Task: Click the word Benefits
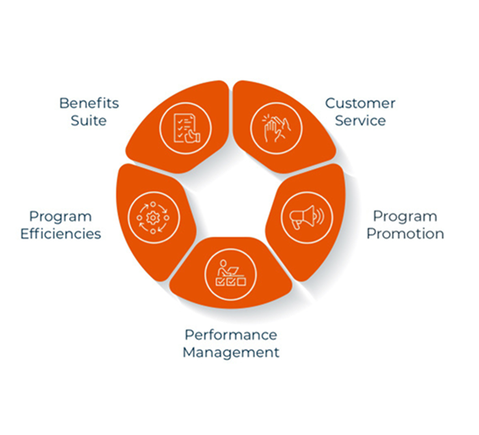pyautogui.click(x=88, y=103)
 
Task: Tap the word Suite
pyautogui.click(x=88, y=121)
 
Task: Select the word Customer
pyautogui.click(x=360, y=103)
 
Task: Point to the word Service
pyautogui.click(x=360, y=121)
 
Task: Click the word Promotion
pyautogui.click(x=405, y=234)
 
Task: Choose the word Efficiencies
pyautogui.click(x=61, y=234)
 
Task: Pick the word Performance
pyautogui.click(x=231, y=335)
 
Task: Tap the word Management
pyautogui.click(x=231, y=352)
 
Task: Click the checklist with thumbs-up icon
pyautogui.click(x=187, y=128)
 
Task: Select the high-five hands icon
pyautogui.click(x=277, y=128)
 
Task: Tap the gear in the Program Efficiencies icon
pyautogui.click(x=153, y=217)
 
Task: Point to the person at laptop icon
pyautogui.click(x=231, y=273)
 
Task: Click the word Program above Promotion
pyautogui.click(x=405, y=217)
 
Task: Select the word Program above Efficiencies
pyautogui.click(x=61, y=217)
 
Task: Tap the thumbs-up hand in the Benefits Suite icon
pyautogui.click(x=193, y=136)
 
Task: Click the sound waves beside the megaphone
pyautogui.click(x=320, y=216)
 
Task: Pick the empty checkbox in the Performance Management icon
pyautogui.click(x=242, y=282)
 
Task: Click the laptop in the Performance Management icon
pyautogui.click(x=233, y=271)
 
